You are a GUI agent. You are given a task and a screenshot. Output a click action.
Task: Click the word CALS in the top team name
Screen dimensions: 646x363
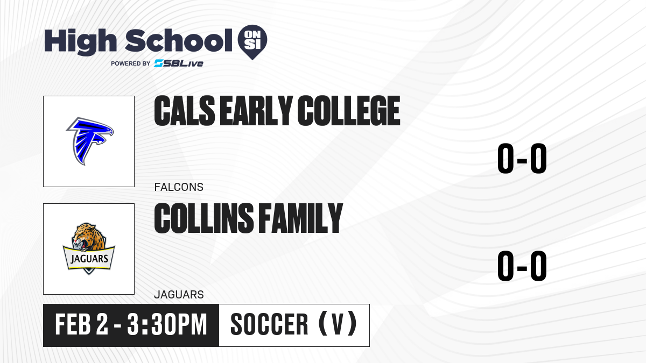[x=185, y=111]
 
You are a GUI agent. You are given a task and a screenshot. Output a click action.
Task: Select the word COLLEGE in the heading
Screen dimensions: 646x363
[x=349, y=111]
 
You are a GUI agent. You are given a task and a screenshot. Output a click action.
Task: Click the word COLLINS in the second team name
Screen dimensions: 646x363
[x=204, y=218]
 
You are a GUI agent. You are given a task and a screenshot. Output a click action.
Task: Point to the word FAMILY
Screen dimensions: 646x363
[x=300, y=218]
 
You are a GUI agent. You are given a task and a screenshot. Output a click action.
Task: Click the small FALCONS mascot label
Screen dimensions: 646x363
[x=179, y=187]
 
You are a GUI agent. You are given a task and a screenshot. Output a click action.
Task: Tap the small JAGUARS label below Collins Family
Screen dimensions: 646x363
[x=179, y=295]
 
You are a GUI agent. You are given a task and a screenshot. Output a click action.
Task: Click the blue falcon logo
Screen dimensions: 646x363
[x=90, y=141]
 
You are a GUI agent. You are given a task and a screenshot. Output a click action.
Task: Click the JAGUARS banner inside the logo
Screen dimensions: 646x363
[x=89, y=259]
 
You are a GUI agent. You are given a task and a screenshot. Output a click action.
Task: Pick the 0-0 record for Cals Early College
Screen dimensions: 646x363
[x=522, y=159]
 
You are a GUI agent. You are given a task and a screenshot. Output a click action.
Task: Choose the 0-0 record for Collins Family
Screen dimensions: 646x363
[x=522, y=266]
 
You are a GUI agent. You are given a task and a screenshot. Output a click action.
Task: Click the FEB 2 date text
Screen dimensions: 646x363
[x=82, y=325]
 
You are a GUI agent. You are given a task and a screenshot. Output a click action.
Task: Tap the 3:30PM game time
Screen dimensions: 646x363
[x=167, y=325]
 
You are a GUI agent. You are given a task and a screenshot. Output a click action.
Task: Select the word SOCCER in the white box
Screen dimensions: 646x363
[x=269, y=325]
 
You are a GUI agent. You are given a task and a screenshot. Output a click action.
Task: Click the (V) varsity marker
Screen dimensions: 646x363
[x=338, y=324]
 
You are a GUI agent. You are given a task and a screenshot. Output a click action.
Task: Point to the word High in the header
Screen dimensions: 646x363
[x=80, y=42]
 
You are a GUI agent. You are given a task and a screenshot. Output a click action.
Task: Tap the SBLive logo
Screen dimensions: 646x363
[x=179, y=63]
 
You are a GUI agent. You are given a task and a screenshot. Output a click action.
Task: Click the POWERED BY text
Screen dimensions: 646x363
[x=131, y=63]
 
